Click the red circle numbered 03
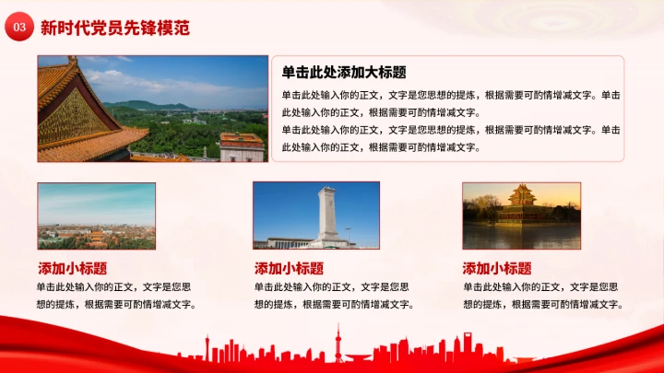(x=18, y=29)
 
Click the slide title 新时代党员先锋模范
(x=115, y=29)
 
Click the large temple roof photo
(x=152, y=109)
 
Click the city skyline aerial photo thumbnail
(x=96, y=216)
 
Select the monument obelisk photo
(x=315, y=216)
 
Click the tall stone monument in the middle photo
(x=326, y=213)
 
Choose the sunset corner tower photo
(x=521, y=216)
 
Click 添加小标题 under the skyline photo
(x=72, y=269)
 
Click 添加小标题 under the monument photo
(x=289, y=269)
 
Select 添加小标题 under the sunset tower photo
(x=497, y=269)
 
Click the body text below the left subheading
(x=115, y=296)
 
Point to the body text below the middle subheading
(x=333, y=296)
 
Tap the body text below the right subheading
(x=543, y=296)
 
